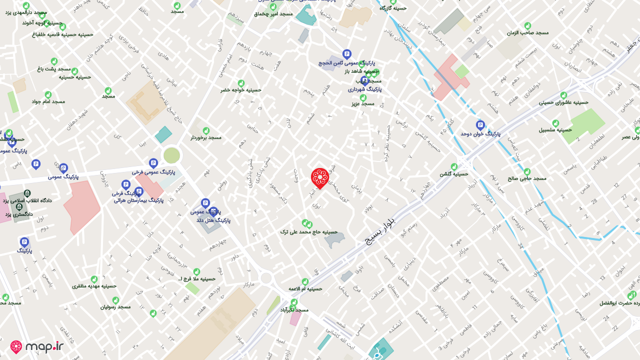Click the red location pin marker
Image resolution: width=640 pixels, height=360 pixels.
(x=320, y=177)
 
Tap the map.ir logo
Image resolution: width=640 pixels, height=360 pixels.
(x=37, y=347)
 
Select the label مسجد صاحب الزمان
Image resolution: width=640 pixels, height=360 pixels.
(x=527, y=32)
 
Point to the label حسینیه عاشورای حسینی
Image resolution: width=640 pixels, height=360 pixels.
(x=563, y=102)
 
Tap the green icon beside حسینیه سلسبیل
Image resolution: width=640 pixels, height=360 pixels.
(x=555, y=123)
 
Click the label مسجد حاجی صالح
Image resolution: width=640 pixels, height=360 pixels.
(x=527, y=178)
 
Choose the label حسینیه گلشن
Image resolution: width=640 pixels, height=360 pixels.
(x=453, y=174)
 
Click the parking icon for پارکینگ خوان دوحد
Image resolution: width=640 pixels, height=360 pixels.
(x=480, y=125)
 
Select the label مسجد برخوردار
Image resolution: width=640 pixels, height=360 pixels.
(x=205, y=137)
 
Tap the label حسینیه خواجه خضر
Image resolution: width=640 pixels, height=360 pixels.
(x=241, y=90)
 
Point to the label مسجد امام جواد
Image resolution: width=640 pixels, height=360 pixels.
(x=48, y=101)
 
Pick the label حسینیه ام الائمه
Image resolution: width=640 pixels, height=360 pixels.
(x=305, y=288)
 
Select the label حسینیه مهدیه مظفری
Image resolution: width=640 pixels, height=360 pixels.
(x=94, y=286)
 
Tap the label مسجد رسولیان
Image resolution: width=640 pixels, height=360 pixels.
(x=115, y=306)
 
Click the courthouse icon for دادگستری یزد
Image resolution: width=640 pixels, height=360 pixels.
(x=19, y=206)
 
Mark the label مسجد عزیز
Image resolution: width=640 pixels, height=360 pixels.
(x=363, y=103)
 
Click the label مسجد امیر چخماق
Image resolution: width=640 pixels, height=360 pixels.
(x=273, y=14)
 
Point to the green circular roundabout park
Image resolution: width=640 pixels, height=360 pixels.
(x=171, y=155)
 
